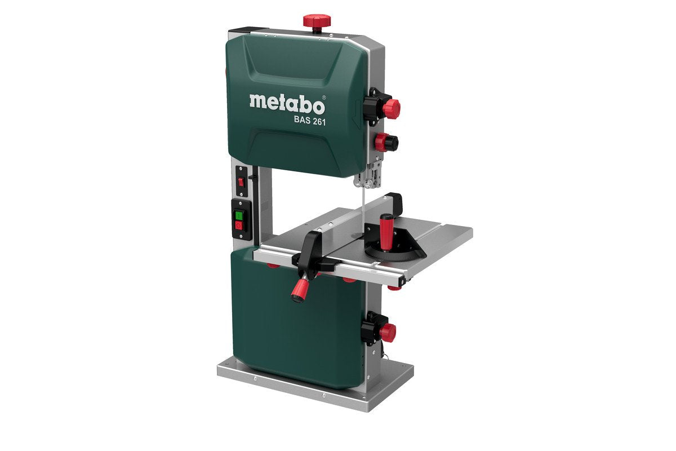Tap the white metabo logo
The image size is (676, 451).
[286, 103]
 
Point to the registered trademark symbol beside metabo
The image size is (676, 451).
[323, 97]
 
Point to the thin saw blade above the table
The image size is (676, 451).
[365, 203]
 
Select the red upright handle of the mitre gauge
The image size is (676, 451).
[388, 228]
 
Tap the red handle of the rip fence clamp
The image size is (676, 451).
[299, 290]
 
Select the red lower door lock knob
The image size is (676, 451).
[386, 331]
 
